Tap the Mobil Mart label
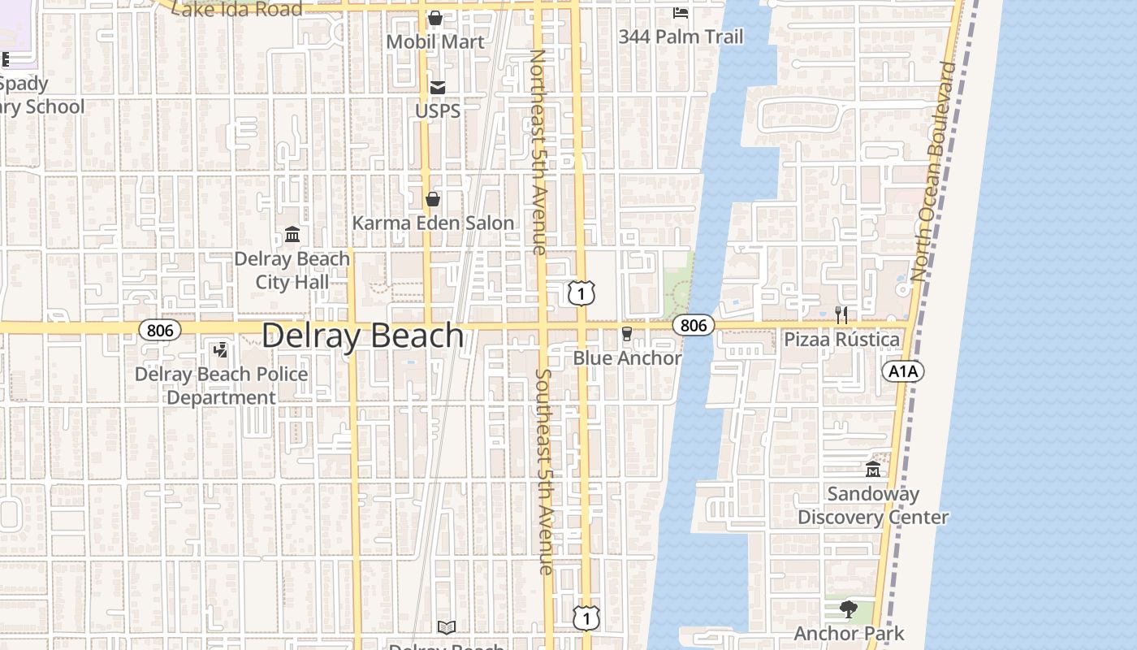(x=435, y=41)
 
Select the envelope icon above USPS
(x=438, y=87)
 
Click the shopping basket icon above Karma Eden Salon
(x=433, y=199)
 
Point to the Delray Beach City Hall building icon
(x=292, y=235)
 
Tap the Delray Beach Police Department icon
(x=220, y=350)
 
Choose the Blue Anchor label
(x=627, y=357)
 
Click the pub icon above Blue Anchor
(x=627, y=334)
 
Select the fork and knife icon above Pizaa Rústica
(x=841, y=315)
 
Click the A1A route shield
(x=902, y=371)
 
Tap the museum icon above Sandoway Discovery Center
(x=873, y=470)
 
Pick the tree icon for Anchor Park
(x=849, y=609)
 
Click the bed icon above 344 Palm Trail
(x=681, y=13)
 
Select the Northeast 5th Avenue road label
(x=538, y=152)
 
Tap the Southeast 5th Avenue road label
(x=544, y=472)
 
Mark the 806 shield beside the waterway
(x=694, y=325)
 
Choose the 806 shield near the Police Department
(x=160, y=329)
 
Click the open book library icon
(x=447, y=627)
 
